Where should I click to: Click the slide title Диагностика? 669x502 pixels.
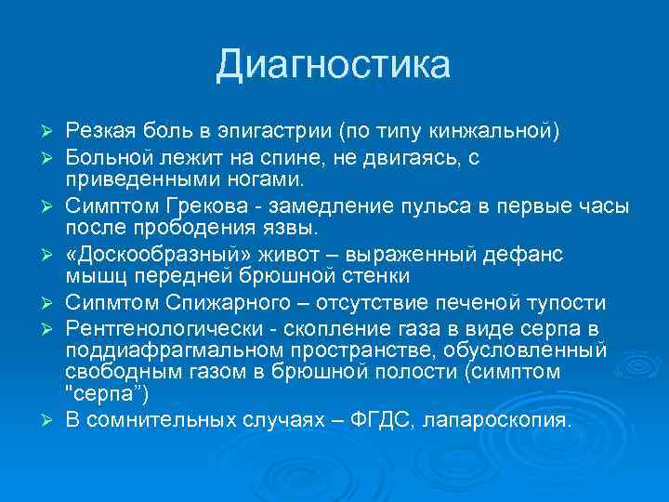coord(334,65)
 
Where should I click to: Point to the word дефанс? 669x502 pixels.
coord(531,254)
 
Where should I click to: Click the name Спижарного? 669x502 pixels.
coord(230,302)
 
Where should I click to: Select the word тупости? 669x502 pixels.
coord(568,302)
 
